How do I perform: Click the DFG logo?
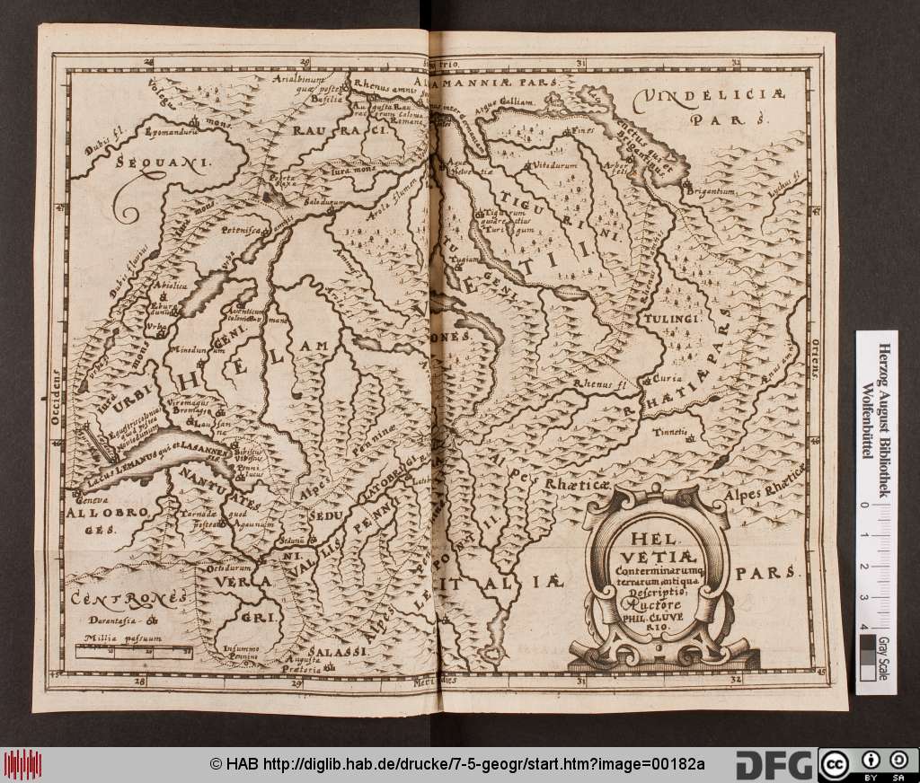[x=775, y=764]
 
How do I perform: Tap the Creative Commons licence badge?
[x=867, y=764]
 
